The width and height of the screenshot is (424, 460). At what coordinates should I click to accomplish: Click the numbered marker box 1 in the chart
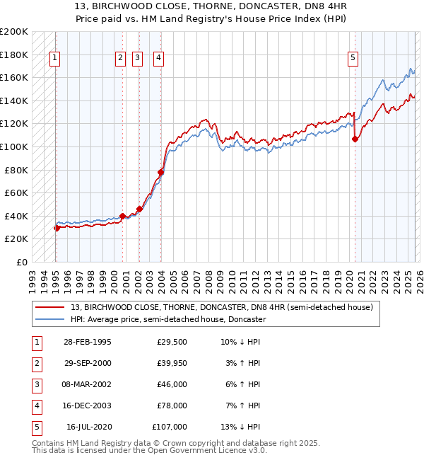pos(55,59)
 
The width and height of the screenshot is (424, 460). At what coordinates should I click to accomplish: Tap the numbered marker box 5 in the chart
pos(353,59)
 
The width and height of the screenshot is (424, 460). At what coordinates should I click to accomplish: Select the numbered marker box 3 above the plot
pos(138,59)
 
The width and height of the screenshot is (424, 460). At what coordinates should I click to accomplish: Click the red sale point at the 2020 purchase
pos(355,139)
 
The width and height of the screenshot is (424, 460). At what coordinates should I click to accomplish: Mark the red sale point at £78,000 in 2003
pos(160,172)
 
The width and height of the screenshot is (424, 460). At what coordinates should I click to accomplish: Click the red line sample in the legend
pos(50,307)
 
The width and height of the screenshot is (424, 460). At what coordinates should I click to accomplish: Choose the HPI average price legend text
pos(167,319)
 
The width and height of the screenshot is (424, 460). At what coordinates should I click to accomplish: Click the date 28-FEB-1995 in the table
pos(87,342)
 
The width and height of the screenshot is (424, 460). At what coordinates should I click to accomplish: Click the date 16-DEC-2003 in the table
pos(87,406)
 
